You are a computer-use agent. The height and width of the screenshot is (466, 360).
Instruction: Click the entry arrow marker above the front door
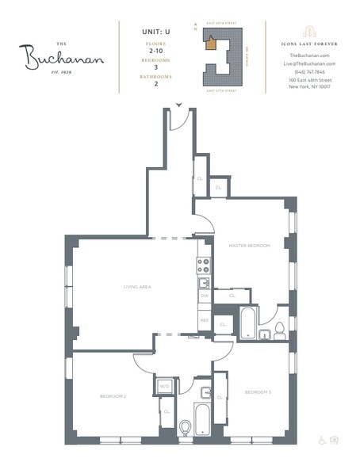(x=179, y=105)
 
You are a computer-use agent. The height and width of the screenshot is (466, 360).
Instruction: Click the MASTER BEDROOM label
(x=250, y=246)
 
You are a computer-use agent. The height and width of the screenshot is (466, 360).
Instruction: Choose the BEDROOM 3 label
(x=259, y=392)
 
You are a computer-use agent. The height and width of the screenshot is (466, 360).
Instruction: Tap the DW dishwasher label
(x=204, y=296)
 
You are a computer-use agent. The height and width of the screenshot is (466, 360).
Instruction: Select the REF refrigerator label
(x=204, y=321)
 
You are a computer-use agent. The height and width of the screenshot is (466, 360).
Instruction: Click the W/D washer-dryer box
(x=166, y=387)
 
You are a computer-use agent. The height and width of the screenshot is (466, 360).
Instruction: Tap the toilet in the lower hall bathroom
(x=185, y=428)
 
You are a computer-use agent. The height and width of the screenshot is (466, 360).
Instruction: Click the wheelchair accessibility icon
(x=321, y=439)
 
